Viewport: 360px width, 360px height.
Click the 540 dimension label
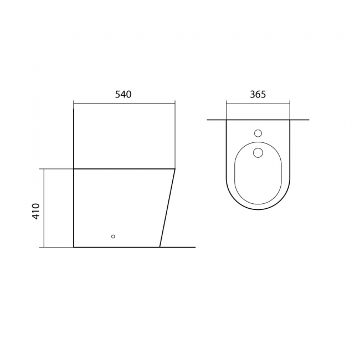[124, 94]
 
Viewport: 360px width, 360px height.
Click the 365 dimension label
[258, 94]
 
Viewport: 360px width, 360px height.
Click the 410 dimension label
[36, 212]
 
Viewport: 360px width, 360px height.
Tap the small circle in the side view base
[113, 236]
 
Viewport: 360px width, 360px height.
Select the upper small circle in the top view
[258, 133]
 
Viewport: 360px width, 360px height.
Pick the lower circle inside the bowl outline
[258, 153]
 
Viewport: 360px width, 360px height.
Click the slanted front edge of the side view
[167, 208]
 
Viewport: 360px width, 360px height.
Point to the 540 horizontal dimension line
[124, 104]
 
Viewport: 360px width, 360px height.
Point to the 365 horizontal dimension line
[258, 104]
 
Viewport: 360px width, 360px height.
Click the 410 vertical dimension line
[44, 208]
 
